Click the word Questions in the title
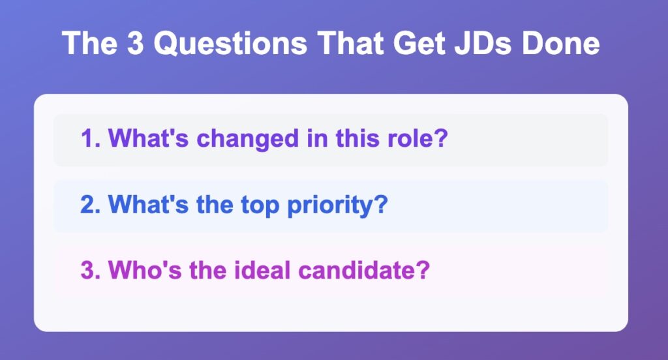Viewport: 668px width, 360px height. (230, 44)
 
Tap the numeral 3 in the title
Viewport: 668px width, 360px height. (135, 42)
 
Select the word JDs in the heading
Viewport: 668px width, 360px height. (482, 43)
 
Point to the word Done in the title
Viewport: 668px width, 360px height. (561, 43)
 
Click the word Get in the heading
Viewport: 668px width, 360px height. (419, 43)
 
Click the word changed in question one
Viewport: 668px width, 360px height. (247, 140)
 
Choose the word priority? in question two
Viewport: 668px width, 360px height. (337, 206)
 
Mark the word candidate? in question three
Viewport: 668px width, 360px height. (364, 270)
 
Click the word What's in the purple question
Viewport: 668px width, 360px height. (148, 138)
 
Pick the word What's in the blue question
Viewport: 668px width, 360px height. (148, 205)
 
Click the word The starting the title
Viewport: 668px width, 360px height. (89, 42)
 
